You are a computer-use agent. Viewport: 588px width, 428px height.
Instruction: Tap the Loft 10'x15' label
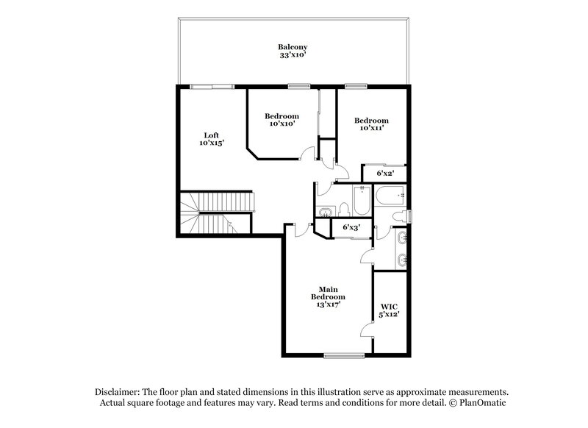[x=211, y=139]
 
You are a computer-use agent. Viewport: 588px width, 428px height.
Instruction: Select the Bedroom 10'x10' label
[x=282, y=120]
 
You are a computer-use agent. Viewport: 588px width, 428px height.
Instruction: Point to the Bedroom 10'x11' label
[x=371, y=124]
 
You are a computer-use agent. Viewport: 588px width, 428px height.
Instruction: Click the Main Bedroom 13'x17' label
[x=327, y=296]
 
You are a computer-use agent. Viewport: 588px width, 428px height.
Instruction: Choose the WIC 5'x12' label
[x=389, y=310]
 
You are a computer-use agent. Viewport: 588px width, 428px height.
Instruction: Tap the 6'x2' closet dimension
[x=385, y=174]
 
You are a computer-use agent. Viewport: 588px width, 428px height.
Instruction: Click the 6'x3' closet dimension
[x=352, y=228]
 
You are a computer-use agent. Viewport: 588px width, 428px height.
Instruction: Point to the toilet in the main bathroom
[x=398, y=215]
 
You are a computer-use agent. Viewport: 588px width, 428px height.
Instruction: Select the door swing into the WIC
[x=365, y=329]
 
